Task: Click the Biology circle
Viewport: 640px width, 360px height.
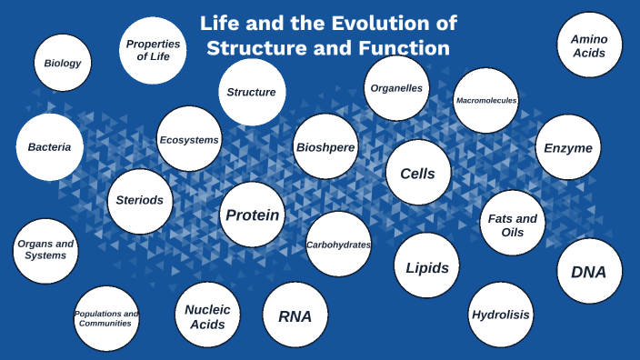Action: tap(63, 64)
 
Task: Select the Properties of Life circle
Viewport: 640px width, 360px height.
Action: tap(153, 50)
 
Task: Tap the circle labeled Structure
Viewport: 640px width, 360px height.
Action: tap(252, 92)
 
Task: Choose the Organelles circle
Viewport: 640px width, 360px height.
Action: tap(396, 88)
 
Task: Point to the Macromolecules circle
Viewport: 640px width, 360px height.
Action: tap(486, 100)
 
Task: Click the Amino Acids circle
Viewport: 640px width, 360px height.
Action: tap(589, 45)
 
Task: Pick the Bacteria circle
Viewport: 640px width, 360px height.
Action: tap(50, 146)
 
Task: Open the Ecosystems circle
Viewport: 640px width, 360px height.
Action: tap(189, 139)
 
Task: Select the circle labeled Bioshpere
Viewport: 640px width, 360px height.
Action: tap(325, 146)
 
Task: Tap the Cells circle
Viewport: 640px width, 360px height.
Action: tap(418, 173)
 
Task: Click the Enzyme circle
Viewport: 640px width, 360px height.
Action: tap(568, 147)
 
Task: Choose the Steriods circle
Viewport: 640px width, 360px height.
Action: tap(139, 200)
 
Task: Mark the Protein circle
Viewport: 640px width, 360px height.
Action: tap(253, 215)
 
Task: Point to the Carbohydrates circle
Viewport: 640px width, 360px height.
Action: tap(338, 245)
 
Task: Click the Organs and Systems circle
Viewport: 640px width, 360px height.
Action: tap(45, 250)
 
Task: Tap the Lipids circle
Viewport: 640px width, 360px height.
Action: tap(426, 266)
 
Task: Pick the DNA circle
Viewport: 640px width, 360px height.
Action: tap(589, 271)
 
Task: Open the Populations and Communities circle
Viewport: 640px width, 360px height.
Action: tap(106, 318)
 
